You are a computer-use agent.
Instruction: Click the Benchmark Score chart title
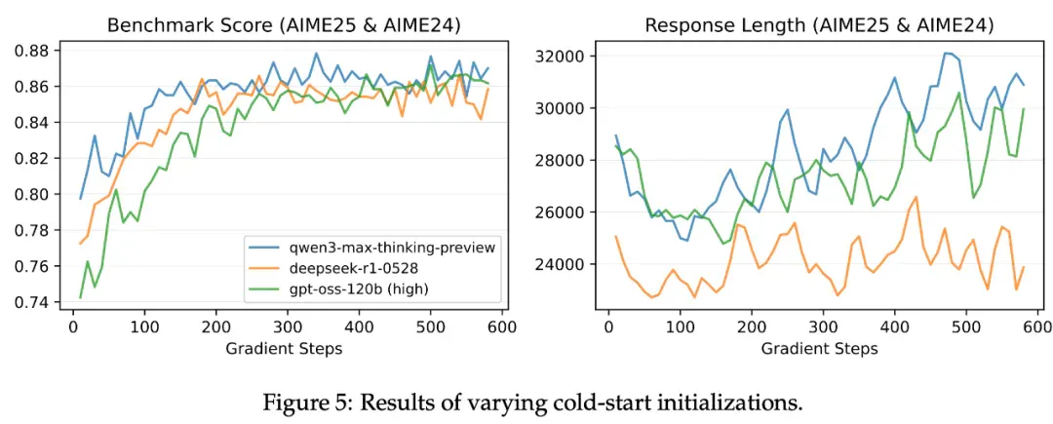pos(282,26)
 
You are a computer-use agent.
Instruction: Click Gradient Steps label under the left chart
pos(282,348)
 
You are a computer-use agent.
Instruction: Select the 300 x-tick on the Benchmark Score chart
pos(287,328)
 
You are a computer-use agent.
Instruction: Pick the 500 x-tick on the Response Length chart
pos(965,328)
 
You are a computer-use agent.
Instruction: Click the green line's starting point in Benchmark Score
pos(81,297)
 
